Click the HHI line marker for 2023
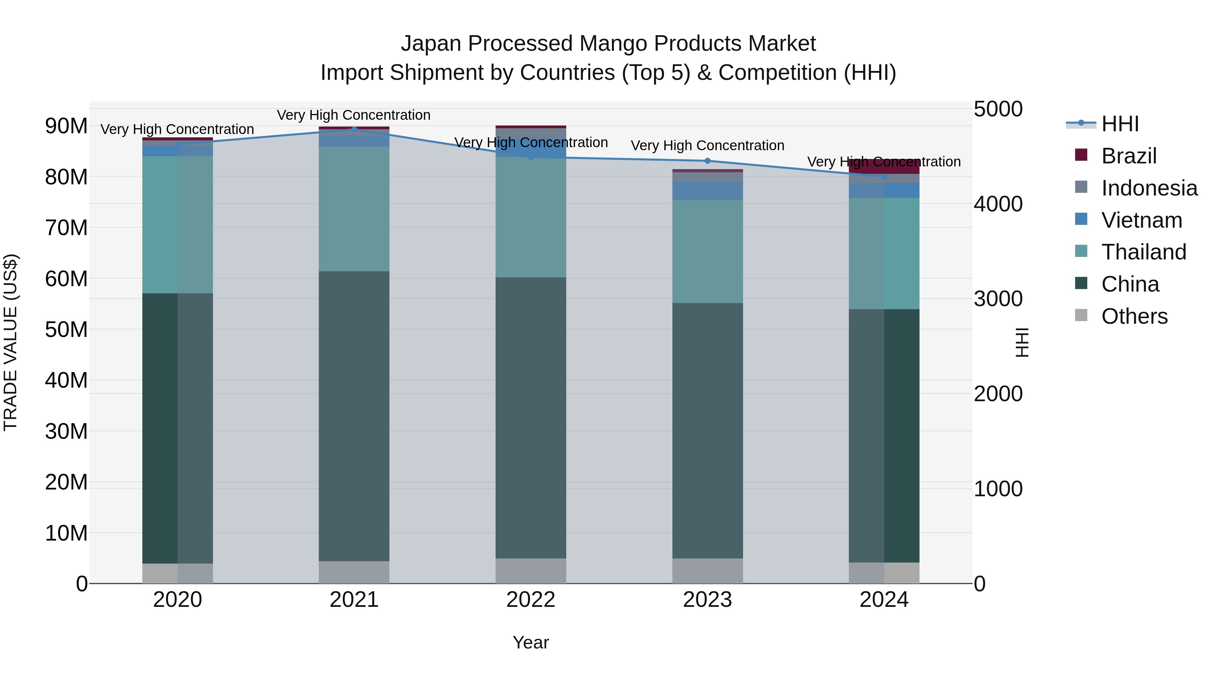point(707,161)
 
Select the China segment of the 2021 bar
point(354,416)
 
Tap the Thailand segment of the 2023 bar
point(707,251)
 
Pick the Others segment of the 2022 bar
point(530,571)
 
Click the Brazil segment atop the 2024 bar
point(884,166)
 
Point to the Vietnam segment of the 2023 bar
point(707,190)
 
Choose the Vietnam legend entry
point(1141,220)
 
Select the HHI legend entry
point(1119,124)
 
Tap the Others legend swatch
point(1081,315)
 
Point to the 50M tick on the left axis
point(66,329)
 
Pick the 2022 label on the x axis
point(530,600)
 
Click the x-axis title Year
point(530,642)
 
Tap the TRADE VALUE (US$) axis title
point(10,342)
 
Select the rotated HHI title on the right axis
point(1022,342)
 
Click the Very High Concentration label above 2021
point(354,115)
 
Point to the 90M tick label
point(66,126)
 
